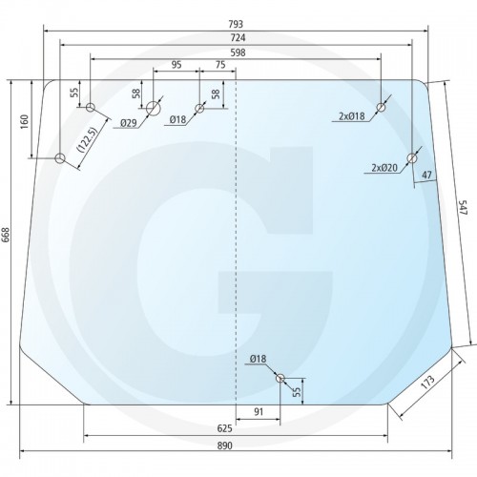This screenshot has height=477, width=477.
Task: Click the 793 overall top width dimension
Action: coord(236,24)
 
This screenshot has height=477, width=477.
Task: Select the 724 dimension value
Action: coord(238,38)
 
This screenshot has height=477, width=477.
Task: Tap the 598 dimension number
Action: coord(238,52)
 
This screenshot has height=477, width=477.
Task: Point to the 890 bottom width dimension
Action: coord(225,446)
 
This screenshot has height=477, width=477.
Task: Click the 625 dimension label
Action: coord(225,428)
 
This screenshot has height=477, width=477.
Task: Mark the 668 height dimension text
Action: coord(7,235)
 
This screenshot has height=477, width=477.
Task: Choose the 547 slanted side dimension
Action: coord(463,207)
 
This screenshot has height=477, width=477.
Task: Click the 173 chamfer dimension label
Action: coord(427,383)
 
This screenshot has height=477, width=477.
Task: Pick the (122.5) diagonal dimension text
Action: coord(86,140)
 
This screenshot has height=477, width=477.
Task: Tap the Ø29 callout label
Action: coord(129,123)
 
